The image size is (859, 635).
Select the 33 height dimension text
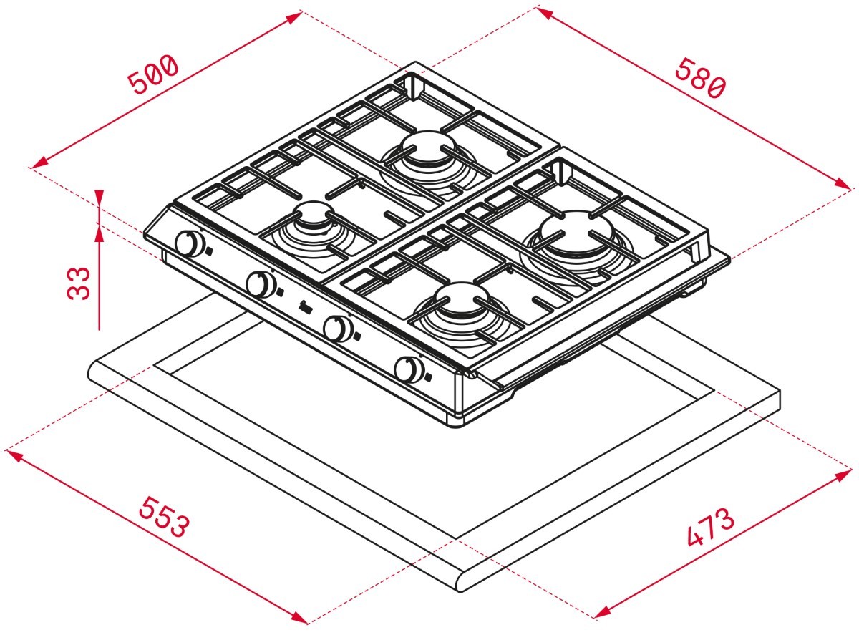point(79,283)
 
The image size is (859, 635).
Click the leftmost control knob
point(190,243)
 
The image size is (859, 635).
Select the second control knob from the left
point(261,284)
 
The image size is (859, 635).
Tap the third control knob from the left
point(337,328)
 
